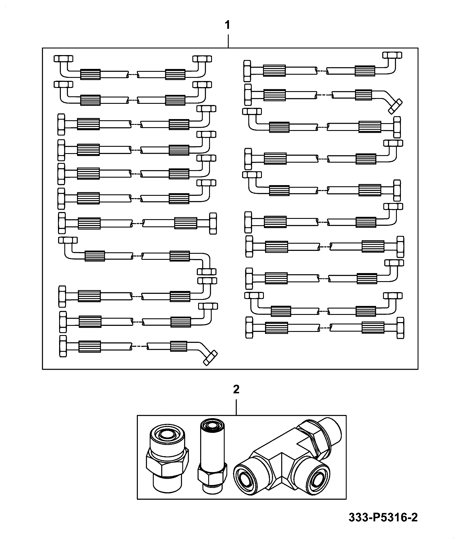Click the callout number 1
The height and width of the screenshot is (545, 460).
[228, 26]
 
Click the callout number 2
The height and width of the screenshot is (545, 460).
[236, 390]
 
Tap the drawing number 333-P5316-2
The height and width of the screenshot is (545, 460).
[383, 518]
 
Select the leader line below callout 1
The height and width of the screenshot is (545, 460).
[228, 41]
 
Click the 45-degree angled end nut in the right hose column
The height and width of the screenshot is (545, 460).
[395, 106]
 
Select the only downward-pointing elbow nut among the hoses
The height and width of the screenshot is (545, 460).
[206, 271]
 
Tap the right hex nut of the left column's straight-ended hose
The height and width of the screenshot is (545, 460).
[213, 223]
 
